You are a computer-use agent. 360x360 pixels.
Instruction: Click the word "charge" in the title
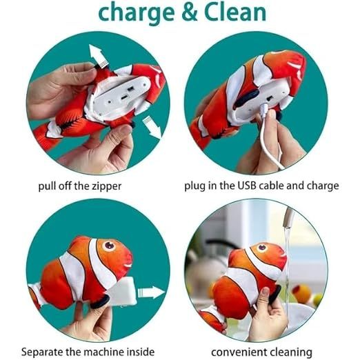pyautogui.click(x=137, y=13)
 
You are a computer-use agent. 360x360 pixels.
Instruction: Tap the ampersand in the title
pyautogui.click(x=189, y=12)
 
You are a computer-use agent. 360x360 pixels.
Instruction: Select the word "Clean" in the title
pyautogui.click(x=235, y=12)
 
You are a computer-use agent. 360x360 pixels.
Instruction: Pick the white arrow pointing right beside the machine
pyautogui.click(x=151, y=292)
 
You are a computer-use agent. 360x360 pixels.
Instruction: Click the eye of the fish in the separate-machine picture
pyautogui.click(x=108, y=246)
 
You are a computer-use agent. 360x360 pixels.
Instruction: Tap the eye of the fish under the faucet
pyautogui.click(x=262, y=248)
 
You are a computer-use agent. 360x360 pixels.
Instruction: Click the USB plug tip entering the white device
pyautogui.click(x=264, y=108)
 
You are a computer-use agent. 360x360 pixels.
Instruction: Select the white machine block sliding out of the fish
pyautogui.click(x=121, y=292)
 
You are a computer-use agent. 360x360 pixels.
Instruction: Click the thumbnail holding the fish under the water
pyautogui.click(x=266, y=292)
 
